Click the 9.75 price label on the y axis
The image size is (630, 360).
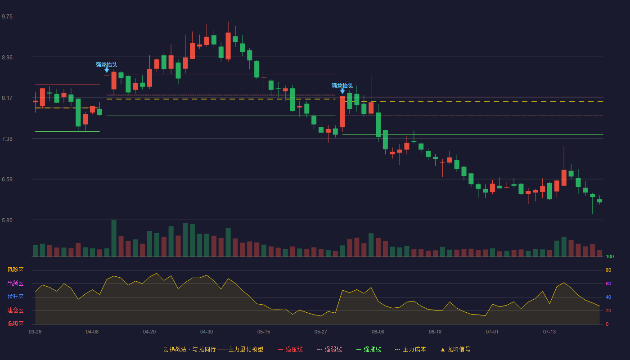pos(7,17)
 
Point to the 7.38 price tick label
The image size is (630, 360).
pos(7,139)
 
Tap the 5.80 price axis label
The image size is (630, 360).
pos(7,220)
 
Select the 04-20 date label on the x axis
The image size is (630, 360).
pos(149,332)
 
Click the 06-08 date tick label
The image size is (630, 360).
pos(378,332)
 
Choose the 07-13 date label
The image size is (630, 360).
pos(549,332)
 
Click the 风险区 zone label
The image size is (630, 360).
pos(15,270)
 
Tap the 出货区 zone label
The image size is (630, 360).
pos(15,283)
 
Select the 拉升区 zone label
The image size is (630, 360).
pos(15,297)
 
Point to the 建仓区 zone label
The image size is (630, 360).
pos(15,310)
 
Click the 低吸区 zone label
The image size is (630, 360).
pos(15,324)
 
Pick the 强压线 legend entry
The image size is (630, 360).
pos(291,349)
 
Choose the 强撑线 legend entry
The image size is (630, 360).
pos(369,349)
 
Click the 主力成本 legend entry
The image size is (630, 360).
pos(410,349)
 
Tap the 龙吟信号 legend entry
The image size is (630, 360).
pos(455,349)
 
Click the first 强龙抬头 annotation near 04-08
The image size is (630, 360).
pos(106,65)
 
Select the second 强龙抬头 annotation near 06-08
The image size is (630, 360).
pos(342,86)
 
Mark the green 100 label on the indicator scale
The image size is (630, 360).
pos(610,256)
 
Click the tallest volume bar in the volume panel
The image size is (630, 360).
pos(114,238)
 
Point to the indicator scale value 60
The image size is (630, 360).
pos(608,283)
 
